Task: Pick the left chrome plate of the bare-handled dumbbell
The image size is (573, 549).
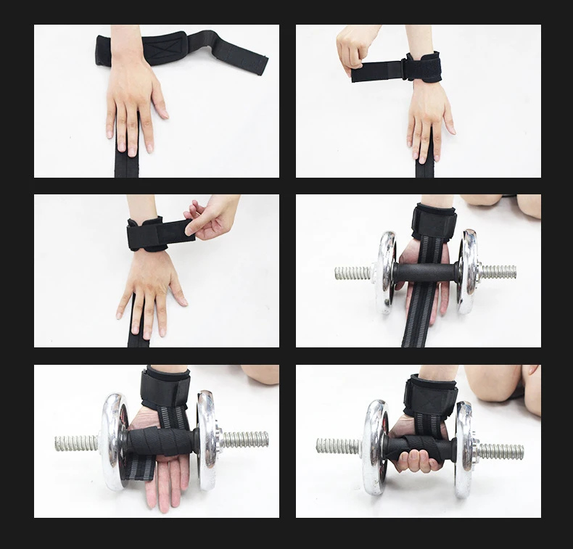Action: coord(386,272)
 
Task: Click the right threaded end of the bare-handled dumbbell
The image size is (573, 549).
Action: coord(498,272)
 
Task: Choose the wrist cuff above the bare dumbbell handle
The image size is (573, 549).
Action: coord(433,220)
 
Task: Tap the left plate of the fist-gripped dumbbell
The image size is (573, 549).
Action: coord(374,446)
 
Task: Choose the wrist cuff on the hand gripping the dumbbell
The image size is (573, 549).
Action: coord(429,392)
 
